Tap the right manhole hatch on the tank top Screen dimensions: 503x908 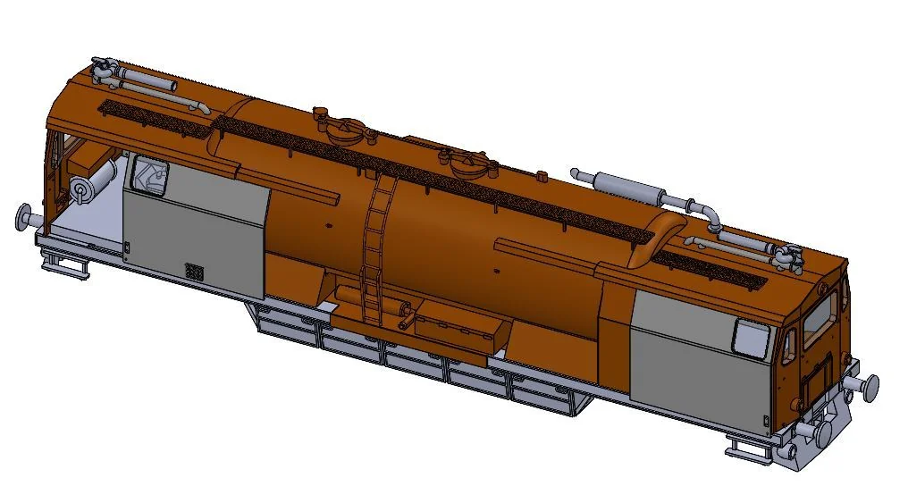[x=468, y=163]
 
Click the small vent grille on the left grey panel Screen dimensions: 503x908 [x=194, y=271]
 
